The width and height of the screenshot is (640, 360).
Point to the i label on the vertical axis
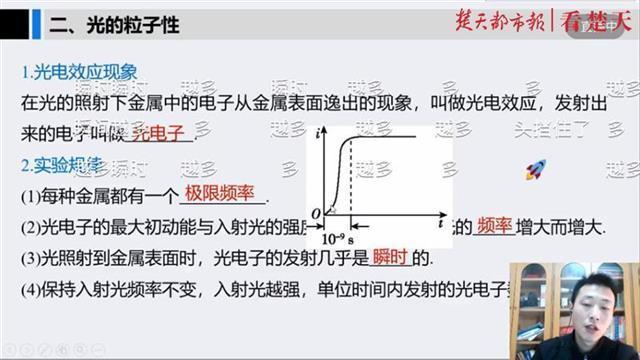pos(317,133)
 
